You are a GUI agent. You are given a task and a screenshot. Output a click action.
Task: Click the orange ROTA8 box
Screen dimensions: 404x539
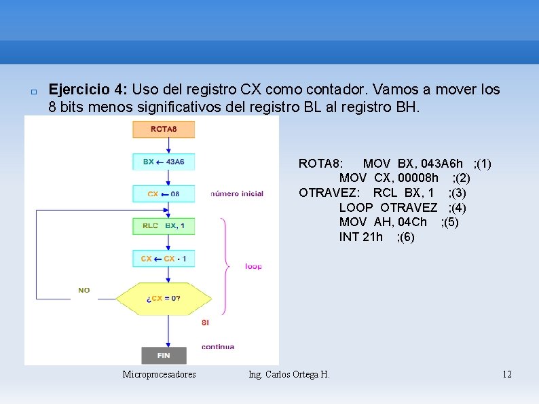tap(164, 129)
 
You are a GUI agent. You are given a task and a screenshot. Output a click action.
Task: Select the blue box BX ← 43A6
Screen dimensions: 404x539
tap(164, 162)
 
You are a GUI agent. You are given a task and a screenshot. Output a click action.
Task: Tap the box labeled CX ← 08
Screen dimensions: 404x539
tap(164, 194)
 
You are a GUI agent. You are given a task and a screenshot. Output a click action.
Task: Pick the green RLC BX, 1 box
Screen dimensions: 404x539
tap(164, 225)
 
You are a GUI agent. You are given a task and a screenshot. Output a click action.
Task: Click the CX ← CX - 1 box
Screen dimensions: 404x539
tap(164, 259)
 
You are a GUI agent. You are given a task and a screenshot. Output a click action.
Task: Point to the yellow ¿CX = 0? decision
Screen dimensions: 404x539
tap(164, 298)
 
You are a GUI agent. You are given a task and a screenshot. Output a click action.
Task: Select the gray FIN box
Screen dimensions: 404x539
tap(164, 355)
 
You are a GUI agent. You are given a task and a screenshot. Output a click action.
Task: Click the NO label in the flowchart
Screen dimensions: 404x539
tap(83, 290)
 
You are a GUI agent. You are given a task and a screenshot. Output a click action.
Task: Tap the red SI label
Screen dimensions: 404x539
tap(205, 323)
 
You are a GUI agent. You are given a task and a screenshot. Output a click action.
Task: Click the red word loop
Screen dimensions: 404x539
tap(253, 266)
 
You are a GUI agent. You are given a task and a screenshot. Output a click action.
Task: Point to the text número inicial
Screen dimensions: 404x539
tap(237, 194)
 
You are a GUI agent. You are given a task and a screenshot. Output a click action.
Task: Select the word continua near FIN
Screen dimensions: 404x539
tap(218, 346)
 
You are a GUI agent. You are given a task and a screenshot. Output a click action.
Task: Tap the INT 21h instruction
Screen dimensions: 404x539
tap(360, 237)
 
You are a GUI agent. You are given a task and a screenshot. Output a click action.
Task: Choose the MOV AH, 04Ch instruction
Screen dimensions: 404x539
tap(383, 222)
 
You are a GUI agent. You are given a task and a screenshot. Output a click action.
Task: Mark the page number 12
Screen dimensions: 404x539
tap(506, 374)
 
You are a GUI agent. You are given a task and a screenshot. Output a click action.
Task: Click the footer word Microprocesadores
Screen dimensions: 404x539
tap(159, 374)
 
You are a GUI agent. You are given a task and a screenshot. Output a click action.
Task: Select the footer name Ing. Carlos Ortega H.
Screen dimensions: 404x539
tap(289, 374)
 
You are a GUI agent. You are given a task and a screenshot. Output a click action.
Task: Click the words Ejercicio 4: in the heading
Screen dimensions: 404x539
tap(88, 90)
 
